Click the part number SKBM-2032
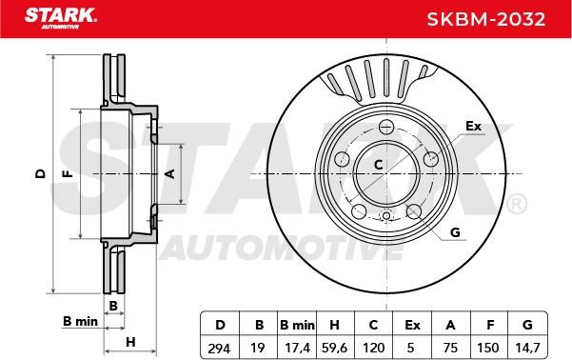click(486, 19)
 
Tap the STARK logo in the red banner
click(61, 18)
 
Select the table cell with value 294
click(219, 348)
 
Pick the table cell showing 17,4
click(297, 348)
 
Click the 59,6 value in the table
click(334, 348)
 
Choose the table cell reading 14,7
click(527, 348)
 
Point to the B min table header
click(297, 325)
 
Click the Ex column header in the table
click(412, 325)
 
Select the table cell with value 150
click(488, 348)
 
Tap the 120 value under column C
click(373, 348)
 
